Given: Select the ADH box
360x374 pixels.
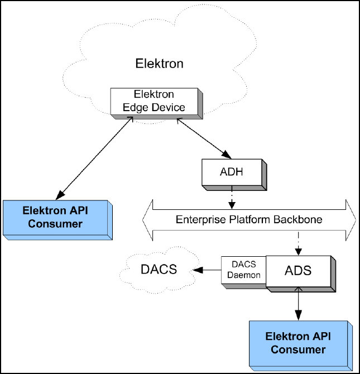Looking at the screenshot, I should point(231,172).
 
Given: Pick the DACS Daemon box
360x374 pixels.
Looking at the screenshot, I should point(243,271).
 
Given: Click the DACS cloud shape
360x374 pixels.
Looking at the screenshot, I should point(158,270).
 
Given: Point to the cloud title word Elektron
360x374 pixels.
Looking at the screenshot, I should point(159,64).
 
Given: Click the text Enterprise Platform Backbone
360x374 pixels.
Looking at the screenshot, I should point(249,219).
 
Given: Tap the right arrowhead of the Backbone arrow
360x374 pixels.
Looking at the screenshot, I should point(349,219).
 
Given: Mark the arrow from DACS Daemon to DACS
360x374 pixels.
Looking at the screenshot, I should point(207,271).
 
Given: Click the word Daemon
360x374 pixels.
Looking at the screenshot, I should point(243,276).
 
